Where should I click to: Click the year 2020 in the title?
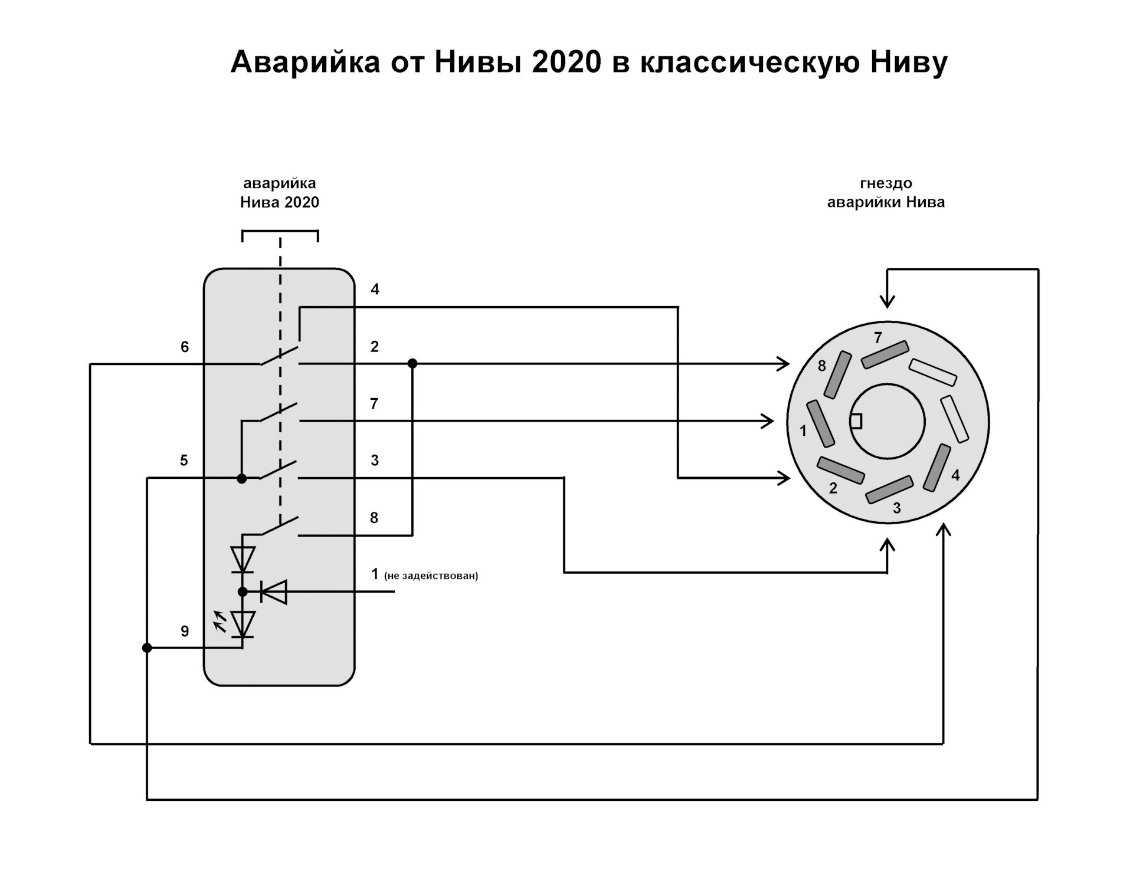566,62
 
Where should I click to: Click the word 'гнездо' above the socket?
886,183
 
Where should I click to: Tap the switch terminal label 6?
185,347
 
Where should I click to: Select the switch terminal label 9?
185,632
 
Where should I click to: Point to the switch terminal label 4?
375,290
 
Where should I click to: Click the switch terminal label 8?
374,518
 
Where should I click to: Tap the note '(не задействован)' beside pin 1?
431,576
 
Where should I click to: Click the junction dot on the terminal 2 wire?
412,363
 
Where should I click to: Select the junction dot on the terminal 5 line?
241,478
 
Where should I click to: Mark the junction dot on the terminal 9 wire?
147,647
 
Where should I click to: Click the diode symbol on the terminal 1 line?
274,591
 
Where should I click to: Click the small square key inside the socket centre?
856,421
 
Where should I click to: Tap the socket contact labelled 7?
885,355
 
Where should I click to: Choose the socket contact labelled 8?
837,375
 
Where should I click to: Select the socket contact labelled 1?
821,423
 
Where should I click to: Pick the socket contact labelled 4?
936,468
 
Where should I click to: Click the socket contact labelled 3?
889,489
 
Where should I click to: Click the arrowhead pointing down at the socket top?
887,300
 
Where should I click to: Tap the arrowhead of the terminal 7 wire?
767,421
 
